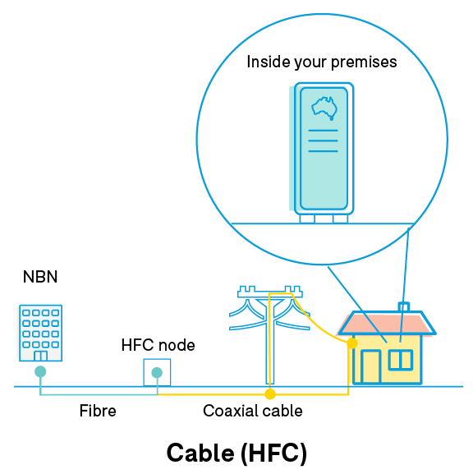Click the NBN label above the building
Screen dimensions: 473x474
point(40,277)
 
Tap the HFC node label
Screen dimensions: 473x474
point(158,345)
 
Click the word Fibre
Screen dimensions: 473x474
point(98,411)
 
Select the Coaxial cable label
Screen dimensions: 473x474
point(253,411)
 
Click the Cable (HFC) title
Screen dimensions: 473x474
point(236,453)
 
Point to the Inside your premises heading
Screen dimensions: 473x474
point(322,62)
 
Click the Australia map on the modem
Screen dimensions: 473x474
point(324,108)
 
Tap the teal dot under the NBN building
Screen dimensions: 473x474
point(40,371)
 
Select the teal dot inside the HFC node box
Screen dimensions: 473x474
point(157,372)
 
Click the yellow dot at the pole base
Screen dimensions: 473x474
point(270,393)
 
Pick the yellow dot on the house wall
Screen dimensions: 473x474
point(352,343)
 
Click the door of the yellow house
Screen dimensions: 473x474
point(371,366)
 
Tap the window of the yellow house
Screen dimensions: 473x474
point(401,360)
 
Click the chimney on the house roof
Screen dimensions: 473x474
point(404,307)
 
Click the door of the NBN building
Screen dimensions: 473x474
point(40,356)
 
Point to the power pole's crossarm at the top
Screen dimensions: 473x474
point(270,292)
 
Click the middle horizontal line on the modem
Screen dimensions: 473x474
point(323,140)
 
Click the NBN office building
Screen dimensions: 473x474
point(40,333)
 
